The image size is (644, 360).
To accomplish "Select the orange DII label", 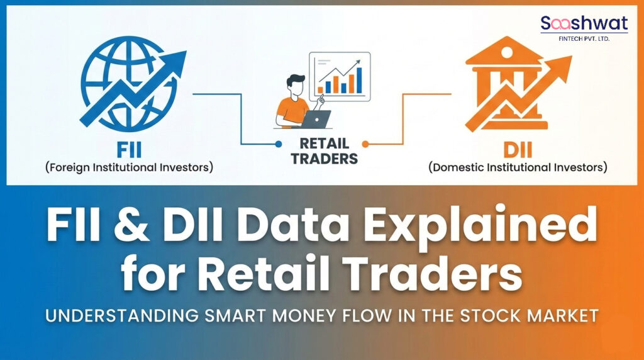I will point(517,150).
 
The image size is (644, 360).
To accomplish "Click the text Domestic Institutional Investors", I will point(517,168).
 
